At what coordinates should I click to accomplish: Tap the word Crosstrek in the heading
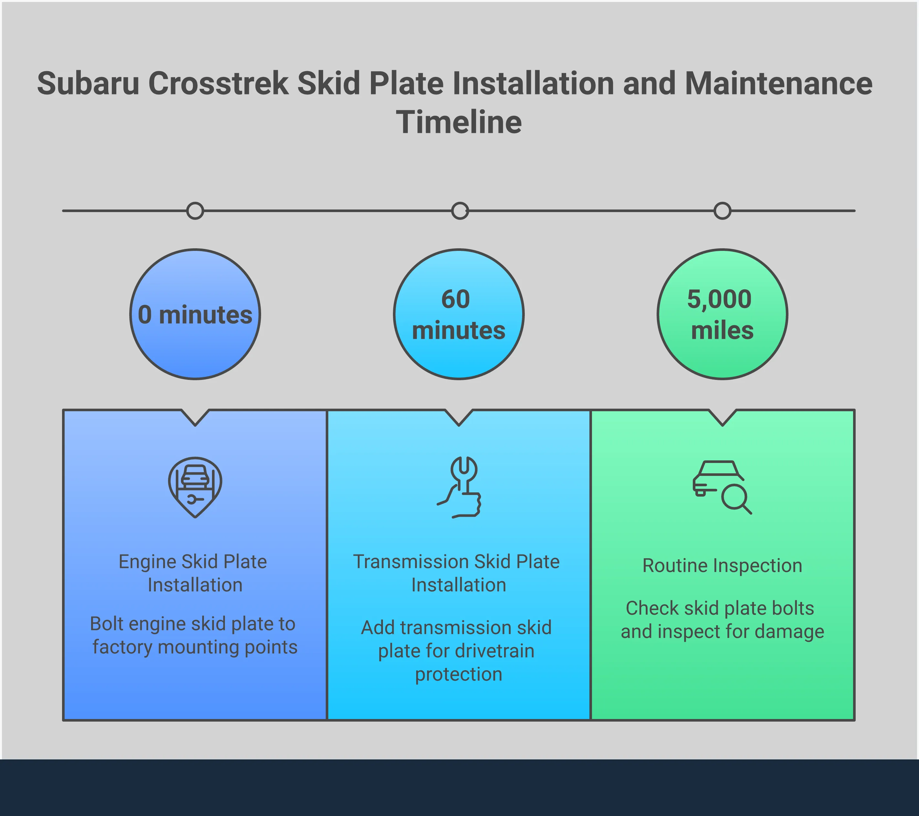tap(218, 84)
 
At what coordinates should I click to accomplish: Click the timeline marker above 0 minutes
tap(195, 210)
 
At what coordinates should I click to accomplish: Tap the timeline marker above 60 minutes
tap(459, 210)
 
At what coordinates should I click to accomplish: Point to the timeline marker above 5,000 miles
tap(722, 210)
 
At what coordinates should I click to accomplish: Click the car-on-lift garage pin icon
tap(195, 487)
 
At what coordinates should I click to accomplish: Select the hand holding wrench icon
tap(459, 487)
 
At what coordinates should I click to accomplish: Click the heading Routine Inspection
tap(722, 565)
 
